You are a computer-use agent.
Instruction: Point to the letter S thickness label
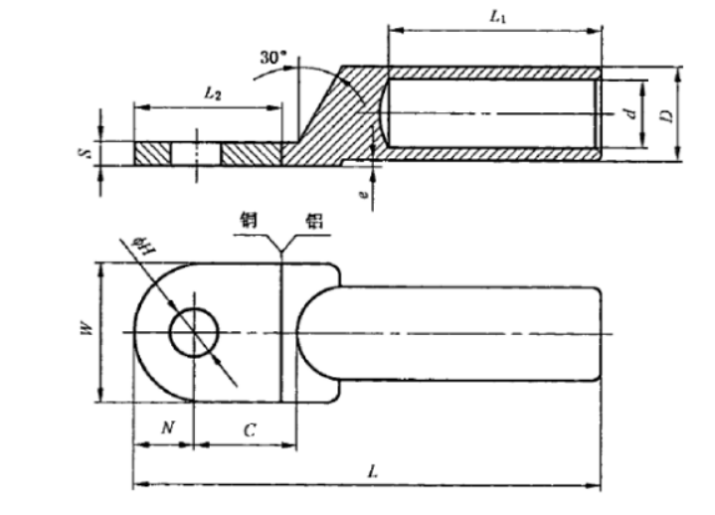pyautogui.click(x=86, y=153)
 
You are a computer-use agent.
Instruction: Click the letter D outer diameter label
pyautogui.click(x=669, y=114)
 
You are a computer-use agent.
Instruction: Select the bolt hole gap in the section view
pyautogui.click(x=197, y=154)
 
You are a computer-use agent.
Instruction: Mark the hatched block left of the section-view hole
pyautogui.click(x=153, y=154)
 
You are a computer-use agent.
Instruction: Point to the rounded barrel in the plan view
pyautogui.click(x=467, y=332)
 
